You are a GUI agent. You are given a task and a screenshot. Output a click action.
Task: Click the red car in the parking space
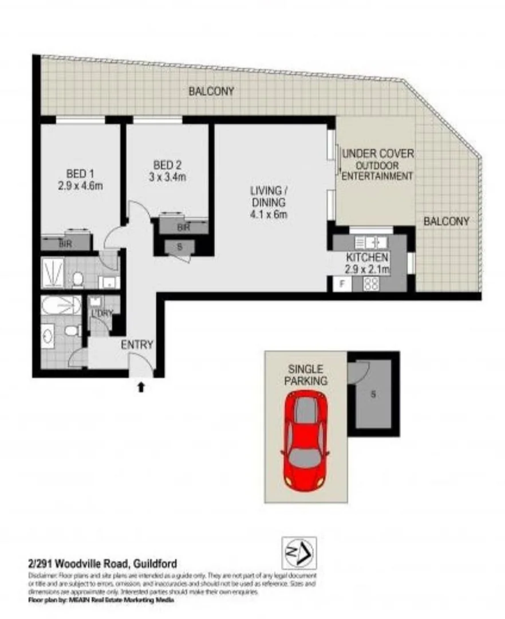tap(306, 440)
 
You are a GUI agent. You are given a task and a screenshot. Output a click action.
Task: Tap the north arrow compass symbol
tap(299, 553)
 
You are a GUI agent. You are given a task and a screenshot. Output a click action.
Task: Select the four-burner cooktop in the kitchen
tap(371, 284)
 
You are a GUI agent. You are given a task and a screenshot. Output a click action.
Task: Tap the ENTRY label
tap(137, 344)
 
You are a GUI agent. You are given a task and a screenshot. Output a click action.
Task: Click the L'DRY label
tap(102, 313)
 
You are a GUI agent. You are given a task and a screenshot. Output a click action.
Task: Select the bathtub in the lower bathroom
tap(61, 305)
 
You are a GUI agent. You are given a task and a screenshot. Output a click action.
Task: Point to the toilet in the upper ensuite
tap(78, 279)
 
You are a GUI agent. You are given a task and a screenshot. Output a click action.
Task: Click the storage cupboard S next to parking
tap(373, 394)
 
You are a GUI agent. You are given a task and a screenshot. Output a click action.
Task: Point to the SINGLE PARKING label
tap(307, 374)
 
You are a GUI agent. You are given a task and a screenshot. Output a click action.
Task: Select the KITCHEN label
tap(367, 257)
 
